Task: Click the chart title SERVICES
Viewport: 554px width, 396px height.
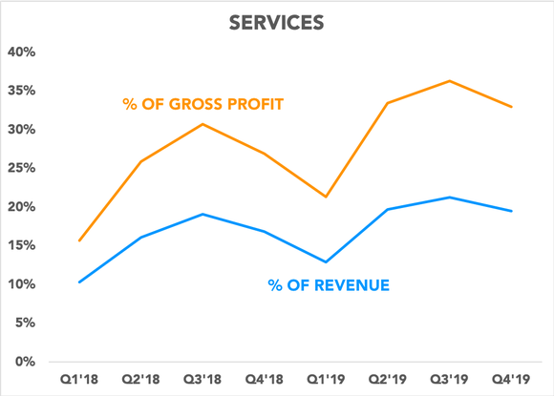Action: [277, 20]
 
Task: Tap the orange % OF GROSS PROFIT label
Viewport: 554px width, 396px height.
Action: [202, 104]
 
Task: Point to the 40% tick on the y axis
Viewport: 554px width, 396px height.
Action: [21, 52]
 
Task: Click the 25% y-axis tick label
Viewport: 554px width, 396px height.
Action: [21, 168]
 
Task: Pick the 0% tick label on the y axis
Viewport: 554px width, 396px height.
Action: [25, 362]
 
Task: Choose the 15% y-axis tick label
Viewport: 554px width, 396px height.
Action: [21, 245]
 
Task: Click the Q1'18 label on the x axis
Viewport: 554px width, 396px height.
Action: [79, 379]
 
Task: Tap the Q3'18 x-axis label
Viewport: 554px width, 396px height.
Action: [202, 379]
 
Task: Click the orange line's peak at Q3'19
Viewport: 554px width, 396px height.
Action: [450, 81]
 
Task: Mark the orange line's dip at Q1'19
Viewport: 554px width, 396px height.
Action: [326, 197]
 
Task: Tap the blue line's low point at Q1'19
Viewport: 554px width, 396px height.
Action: [326, 261]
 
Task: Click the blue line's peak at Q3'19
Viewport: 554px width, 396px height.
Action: [450, 198]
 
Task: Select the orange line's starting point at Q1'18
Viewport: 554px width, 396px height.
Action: [79, 240]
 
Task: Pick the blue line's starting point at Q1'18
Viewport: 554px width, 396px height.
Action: [79, 282]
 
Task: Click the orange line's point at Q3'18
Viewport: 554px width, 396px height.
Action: [202, 124]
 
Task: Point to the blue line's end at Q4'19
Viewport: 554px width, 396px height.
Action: [512, 211]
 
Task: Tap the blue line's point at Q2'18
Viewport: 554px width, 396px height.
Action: [140, 238]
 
